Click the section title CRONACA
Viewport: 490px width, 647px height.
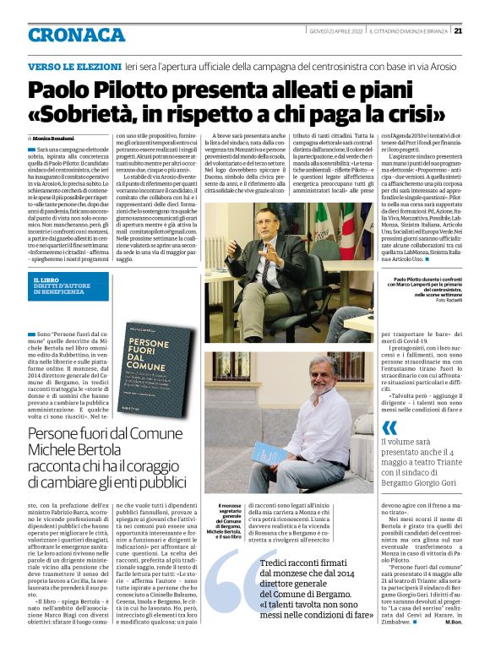point(76,35)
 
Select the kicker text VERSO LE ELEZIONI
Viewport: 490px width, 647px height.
point(73,65)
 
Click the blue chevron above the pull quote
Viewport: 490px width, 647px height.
point(389,427)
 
